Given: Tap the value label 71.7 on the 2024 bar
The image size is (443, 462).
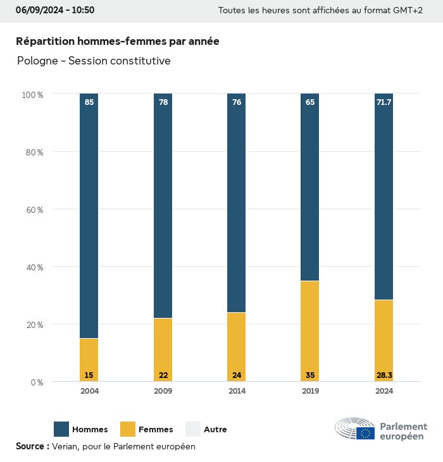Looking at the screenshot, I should click(384, 102).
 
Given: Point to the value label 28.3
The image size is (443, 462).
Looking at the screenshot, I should click(384, 375).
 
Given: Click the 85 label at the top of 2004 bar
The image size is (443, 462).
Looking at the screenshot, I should click(89, 102).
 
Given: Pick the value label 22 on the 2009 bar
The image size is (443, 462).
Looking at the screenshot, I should click(163, 375).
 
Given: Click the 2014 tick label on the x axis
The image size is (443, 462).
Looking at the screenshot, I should click(237, 391).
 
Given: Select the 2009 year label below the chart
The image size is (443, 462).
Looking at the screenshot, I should click(163, 391).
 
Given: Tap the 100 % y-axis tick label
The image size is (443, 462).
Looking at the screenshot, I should click(32, 94).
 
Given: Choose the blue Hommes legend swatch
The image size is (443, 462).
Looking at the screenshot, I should click(61, 429).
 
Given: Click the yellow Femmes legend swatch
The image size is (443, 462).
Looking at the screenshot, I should click(128, 429).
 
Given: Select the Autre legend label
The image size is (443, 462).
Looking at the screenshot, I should click(215, 430).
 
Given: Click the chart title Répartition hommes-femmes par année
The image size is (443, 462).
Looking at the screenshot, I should click(118, 41).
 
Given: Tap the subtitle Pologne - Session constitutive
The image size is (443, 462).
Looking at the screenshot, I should click(94, 61).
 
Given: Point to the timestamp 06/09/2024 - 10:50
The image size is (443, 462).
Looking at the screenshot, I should click(55, 10).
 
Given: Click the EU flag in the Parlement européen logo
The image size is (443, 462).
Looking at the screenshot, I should click(365, 433).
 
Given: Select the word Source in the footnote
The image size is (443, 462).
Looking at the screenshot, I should click(30, 446).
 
